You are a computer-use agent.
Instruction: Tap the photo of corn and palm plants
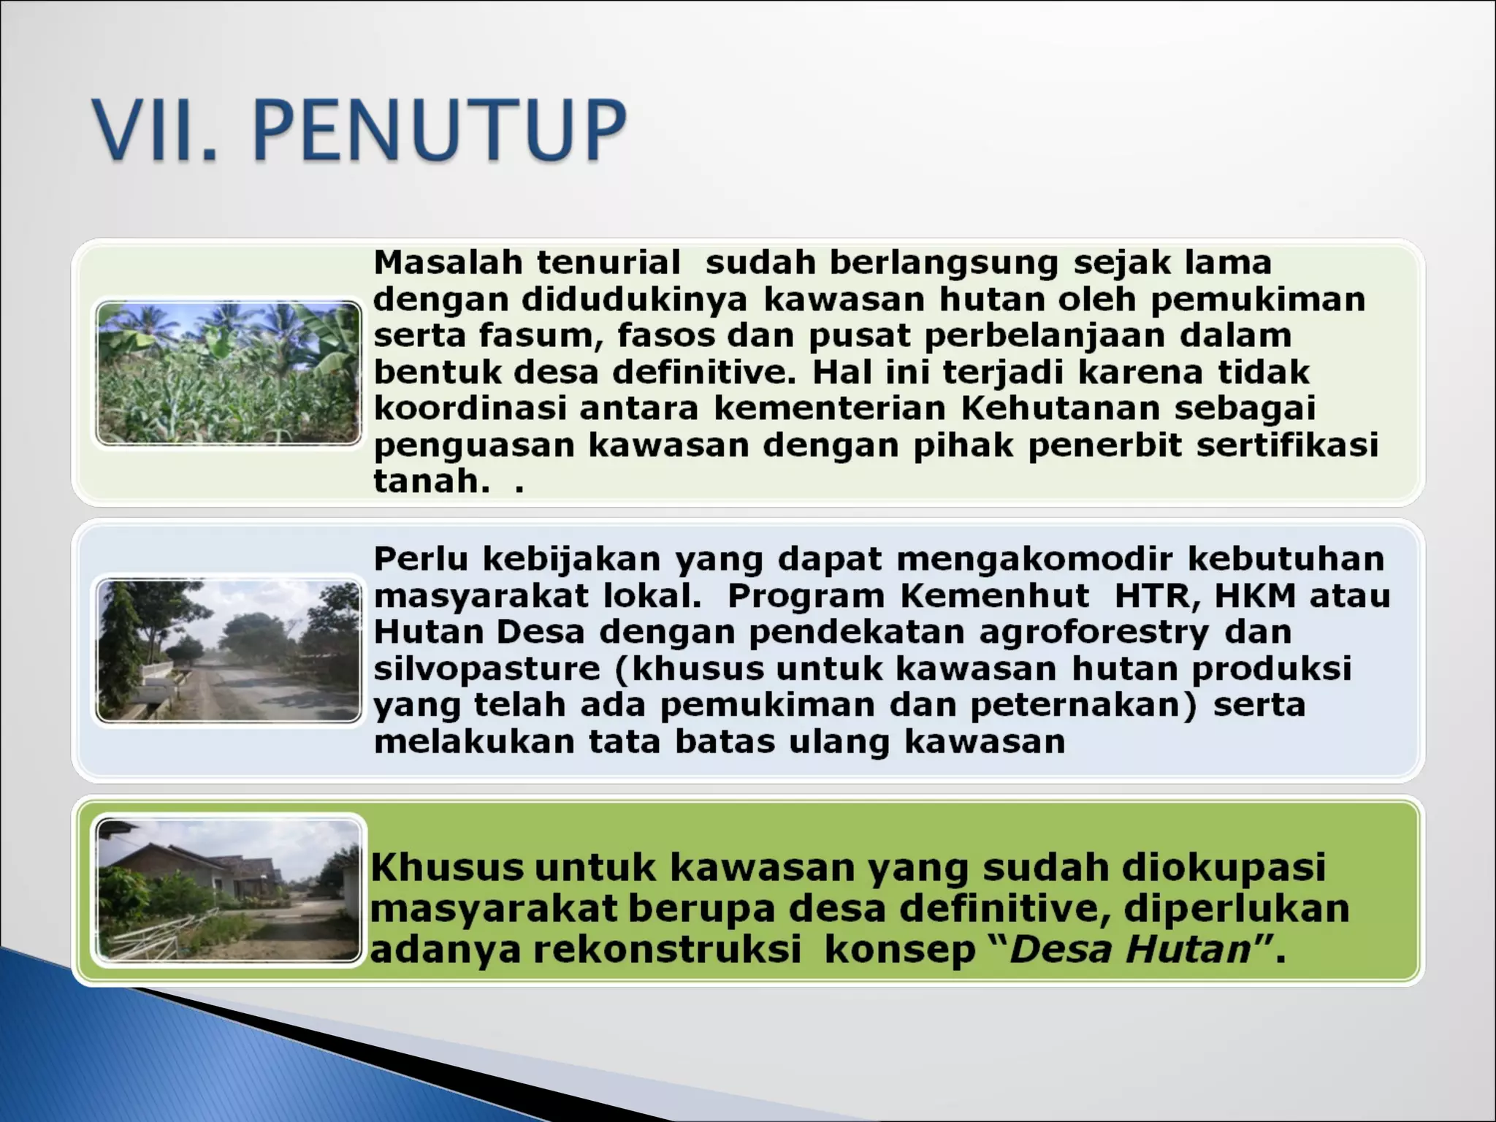click(x=229, y=373)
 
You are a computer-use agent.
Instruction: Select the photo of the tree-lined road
click(x=229, y=650)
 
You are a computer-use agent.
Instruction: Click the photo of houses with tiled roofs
click(x=229, y=889)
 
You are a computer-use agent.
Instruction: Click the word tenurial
click(x=608, y=262)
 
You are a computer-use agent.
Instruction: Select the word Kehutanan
click(x=1060, y=408)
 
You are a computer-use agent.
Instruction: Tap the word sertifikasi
click(x=1287, y=445)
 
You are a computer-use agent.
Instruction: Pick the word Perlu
click(x=421, y=559)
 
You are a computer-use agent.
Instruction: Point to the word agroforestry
click(x=1094, y=633)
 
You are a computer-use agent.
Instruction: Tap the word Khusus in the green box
click(x=447, y=868)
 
